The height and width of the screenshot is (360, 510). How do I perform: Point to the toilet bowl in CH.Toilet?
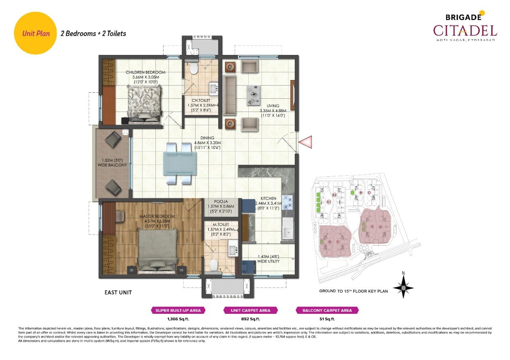point(194,69)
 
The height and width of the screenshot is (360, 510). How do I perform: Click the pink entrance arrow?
point(305,142)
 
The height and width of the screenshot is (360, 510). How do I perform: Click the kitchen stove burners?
point(288,202)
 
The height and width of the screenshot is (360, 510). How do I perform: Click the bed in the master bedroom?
point(157,250)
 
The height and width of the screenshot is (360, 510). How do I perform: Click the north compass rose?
point(403,287)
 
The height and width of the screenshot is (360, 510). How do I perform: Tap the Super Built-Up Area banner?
point(178,310)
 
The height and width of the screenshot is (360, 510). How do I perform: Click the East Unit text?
point(118,292)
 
